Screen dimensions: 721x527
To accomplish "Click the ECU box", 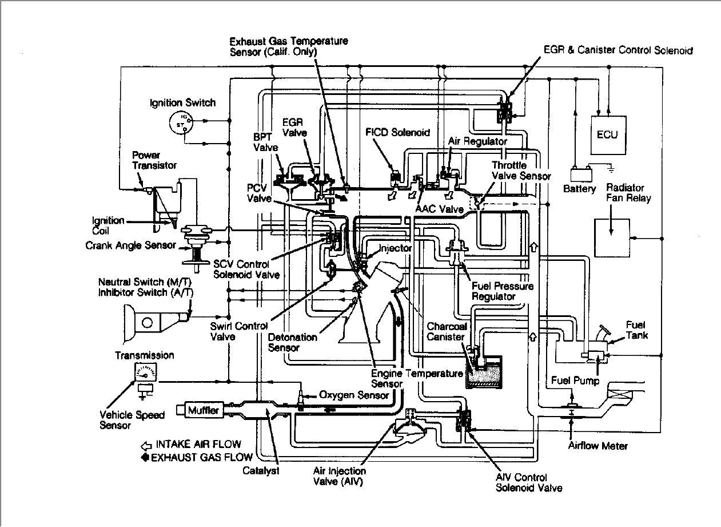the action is [608, 135].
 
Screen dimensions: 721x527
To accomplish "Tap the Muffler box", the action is [204, 410].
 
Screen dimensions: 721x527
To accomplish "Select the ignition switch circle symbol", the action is [181, 122].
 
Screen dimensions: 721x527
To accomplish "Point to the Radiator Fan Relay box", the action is [612, 237].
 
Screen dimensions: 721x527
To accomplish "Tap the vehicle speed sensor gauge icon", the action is [145, 372].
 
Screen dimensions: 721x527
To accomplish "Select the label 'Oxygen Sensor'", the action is [354, 395].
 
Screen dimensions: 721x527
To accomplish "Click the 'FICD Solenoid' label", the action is [397, 132].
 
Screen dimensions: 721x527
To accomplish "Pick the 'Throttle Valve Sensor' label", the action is [521, 171].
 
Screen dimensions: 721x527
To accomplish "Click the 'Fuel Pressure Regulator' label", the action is [503, 291].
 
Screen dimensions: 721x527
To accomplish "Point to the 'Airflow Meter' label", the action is [597, 446].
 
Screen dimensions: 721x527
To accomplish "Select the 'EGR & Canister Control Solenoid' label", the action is [618, 50].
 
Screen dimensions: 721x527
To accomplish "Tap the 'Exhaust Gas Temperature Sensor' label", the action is [289, 46].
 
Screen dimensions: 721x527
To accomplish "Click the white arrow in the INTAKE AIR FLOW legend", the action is [146, 446].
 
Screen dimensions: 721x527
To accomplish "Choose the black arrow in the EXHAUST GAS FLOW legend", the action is [145, 457].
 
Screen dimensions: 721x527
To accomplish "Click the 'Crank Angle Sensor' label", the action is [131, 245].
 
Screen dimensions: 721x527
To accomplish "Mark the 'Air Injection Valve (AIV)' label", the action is [340, 476].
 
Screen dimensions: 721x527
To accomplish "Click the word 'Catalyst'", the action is [261, 470].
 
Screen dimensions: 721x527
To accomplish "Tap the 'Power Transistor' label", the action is [154, 160].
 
